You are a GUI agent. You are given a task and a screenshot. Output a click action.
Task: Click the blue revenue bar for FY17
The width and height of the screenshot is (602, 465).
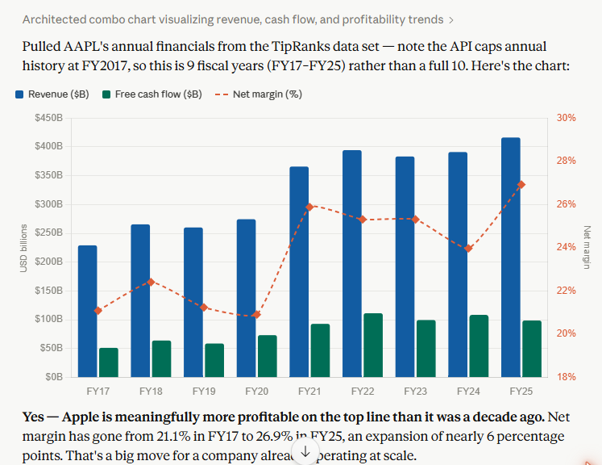88,311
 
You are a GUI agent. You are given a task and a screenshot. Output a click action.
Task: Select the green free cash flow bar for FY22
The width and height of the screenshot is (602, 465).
373,345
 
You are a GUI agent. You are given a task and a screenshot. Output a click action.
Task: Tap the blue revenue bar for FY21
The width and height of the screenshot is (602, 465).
299,271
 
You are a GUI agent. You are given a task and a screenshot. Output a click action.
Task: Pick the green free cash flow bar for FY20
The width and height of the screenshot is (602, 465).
268,356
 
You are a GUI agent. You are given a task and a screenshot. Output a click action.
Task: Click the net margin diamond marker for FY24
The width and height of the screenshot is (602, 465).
468,249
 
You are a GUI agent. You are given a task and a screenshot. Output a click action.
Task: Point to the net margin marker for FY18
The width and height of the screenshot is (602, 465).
151,282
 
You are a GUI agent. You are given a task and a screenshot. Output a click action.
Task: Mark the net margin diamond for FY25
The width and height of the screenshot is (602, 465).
521,185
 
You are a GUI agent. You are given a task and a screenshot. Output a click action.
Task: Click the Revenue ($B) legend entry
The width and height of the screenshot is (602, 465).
52,94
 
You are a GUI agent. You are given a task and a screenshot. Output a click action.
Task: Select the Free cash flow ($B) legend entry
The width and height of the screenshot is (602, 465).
152,94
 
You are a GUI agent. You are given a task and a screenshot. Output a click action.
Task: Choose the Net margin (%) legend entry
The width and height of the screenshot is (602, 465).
259,94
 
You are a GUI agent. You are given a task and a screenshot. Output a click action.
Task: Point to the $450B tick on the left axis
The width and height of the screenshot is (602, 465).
49,118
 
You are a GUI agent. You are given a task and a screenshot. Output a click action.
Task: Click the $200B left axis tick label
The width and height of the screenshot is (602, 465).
49,262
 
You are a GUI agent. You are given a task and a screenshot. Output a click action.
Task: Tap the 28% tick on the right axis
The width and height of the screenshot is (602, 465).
567,161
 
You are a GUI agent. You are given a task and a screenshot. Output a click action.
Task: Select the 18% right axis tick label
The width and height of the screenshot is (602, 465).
567,376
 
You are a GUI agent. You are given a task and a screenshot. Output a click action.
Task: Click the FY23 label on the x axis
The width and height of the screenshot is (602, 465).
415,392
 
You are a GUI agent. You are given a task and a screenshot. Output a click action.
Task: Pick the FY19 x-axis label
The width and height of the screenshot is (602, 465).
204,392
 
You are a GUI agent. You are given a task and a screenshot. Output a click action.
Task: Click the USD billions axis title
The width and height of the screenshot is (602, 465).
24,248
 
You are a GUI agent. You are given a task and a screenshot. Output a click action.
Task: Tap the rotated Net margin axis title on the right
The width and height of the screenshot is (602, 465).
587,247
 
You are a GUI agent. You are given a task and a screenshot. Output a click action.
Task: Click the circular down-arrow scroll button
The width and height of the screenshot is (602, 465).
305,451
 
